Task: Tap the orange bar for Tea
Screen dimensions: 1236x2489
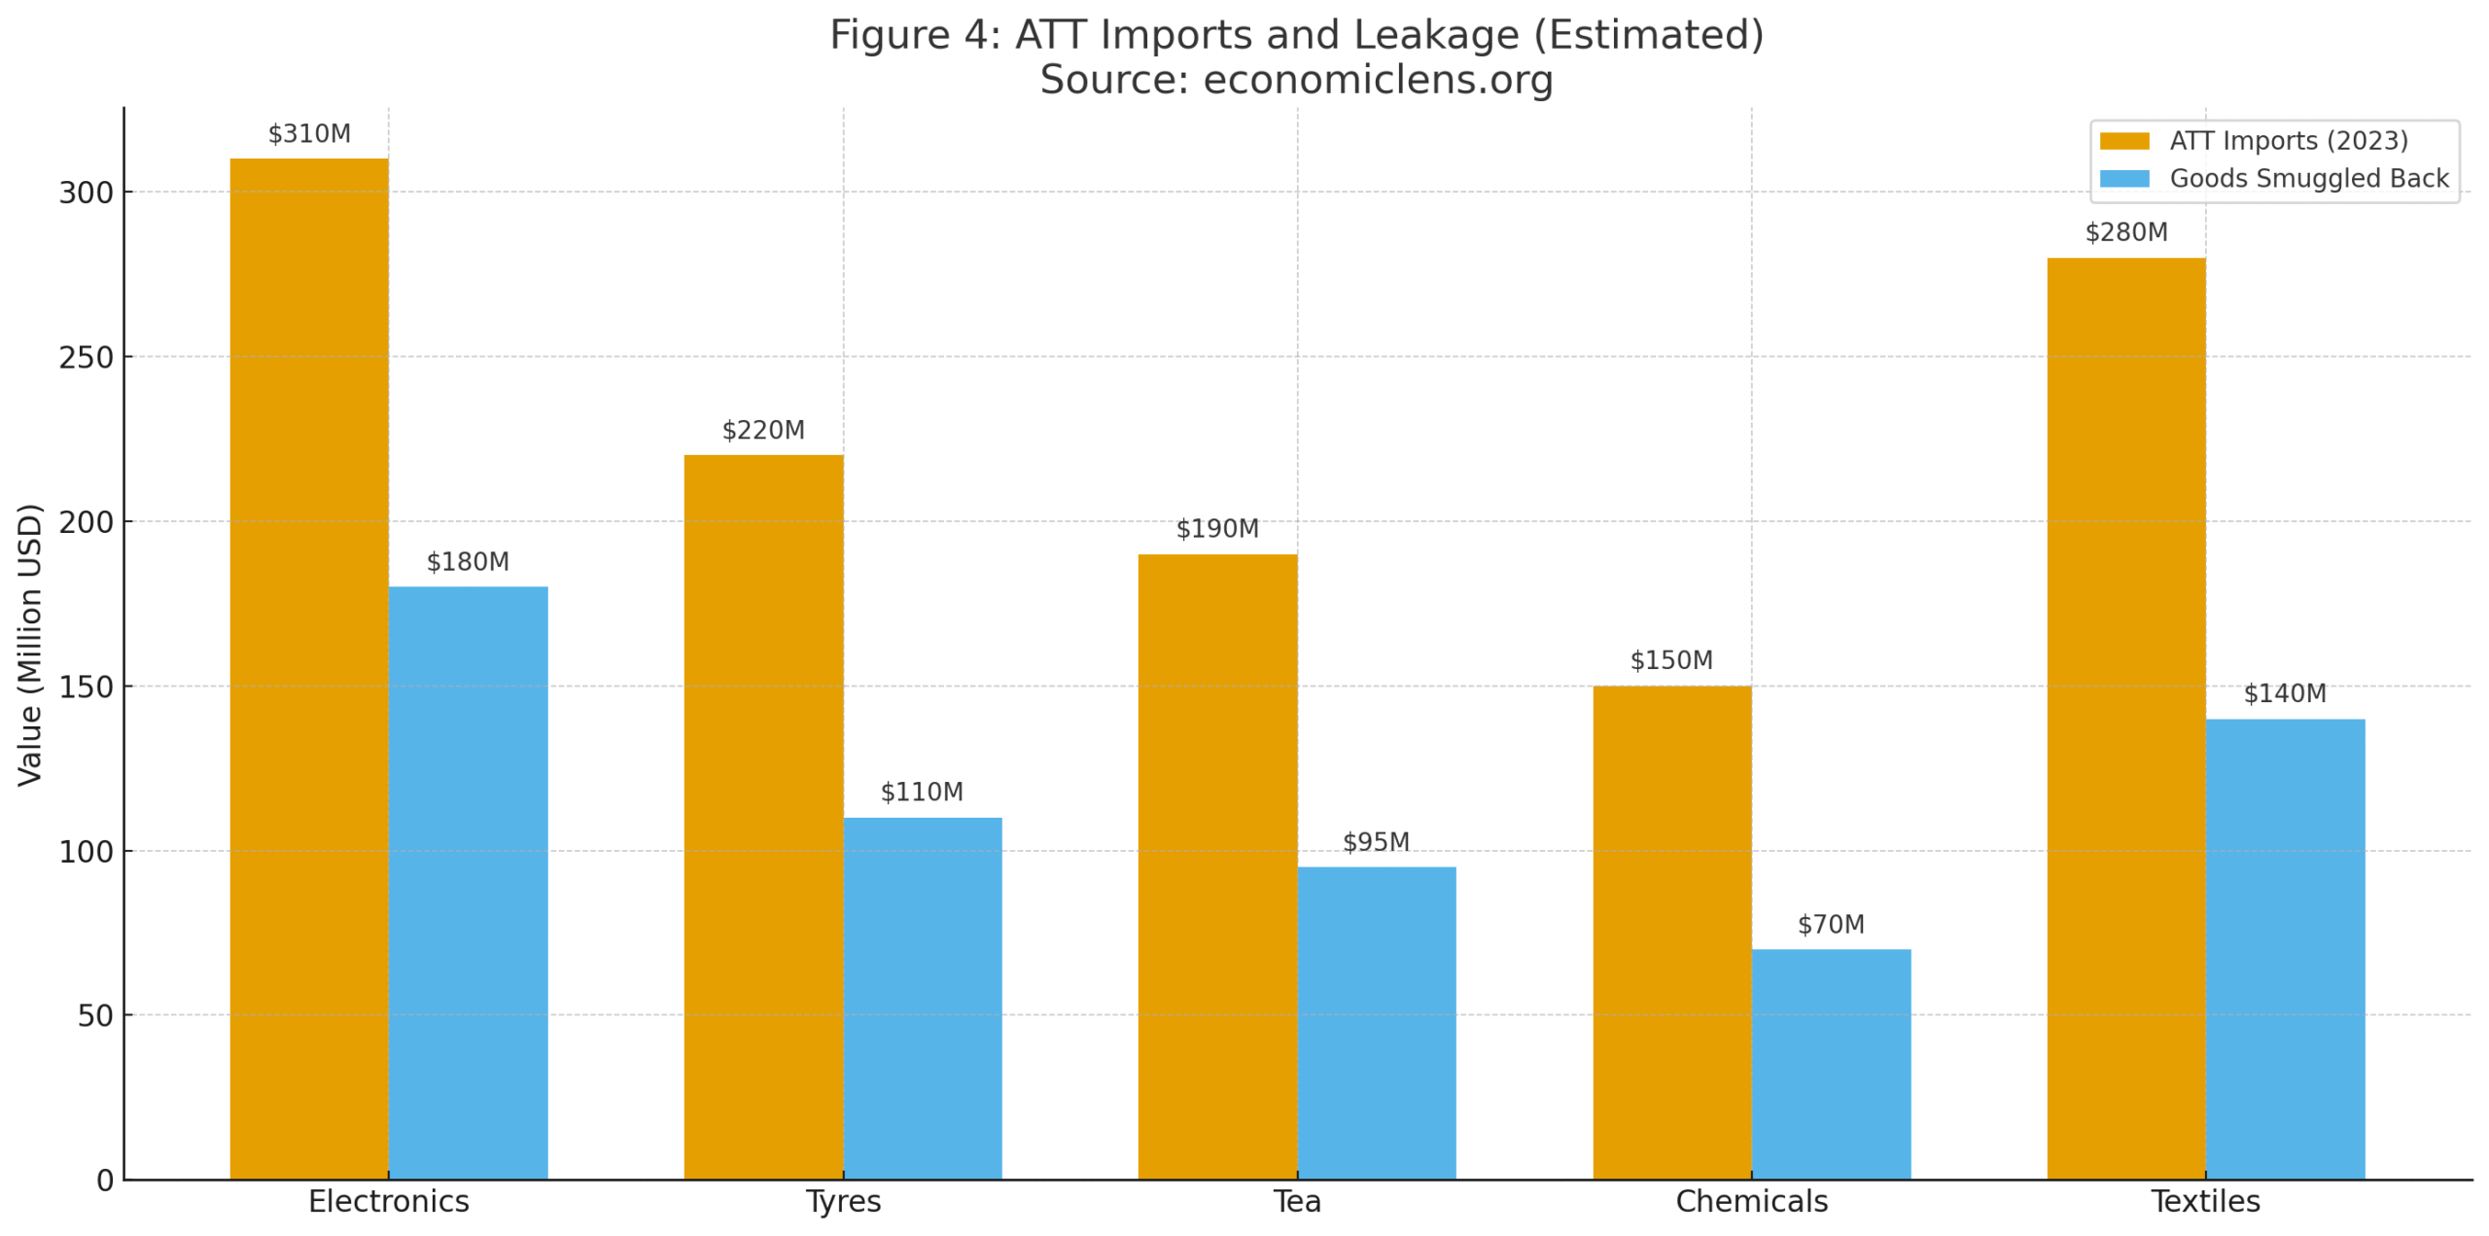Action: coord(1217,866)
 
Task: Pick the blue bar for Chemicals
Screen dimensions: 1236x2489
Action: coord(1831,1064)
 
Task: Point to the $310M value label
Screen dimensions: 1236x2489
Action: coord(309,134)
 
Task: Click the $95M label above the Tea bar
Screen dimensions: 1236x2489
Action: coord(1376,842)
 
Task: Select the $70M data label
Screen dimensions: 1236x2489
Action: coord(1831,925)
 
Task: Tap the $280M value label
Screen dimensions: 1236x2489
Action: coord(2126,233)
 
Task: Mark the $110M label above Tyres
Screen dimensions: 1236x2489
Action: coord(922,793)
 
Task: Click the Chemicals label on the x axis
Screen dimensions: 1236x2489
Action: coord(1751,1202)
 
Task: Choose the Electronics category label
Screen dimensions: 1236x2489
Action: coord(388,1202)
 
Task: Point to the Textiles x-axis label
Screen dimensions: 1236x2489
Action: coord(2205,1202)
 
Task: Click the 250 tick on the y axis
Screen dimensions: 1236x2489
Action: coord(86,358)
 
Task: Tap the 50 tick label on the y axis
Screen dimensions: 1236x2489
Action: coord(95,1016)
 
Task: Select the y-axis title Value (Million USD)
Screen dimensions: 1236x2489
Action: coord(30,644)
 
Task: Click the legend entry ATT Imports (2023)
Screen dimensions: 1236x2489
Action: coord(2289,141)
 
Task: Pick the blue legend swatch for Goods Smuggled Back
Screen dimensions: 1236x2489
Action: coord(2123,179)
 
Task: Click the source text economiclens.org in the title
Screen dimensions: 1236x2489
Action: coord(1378,80)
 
